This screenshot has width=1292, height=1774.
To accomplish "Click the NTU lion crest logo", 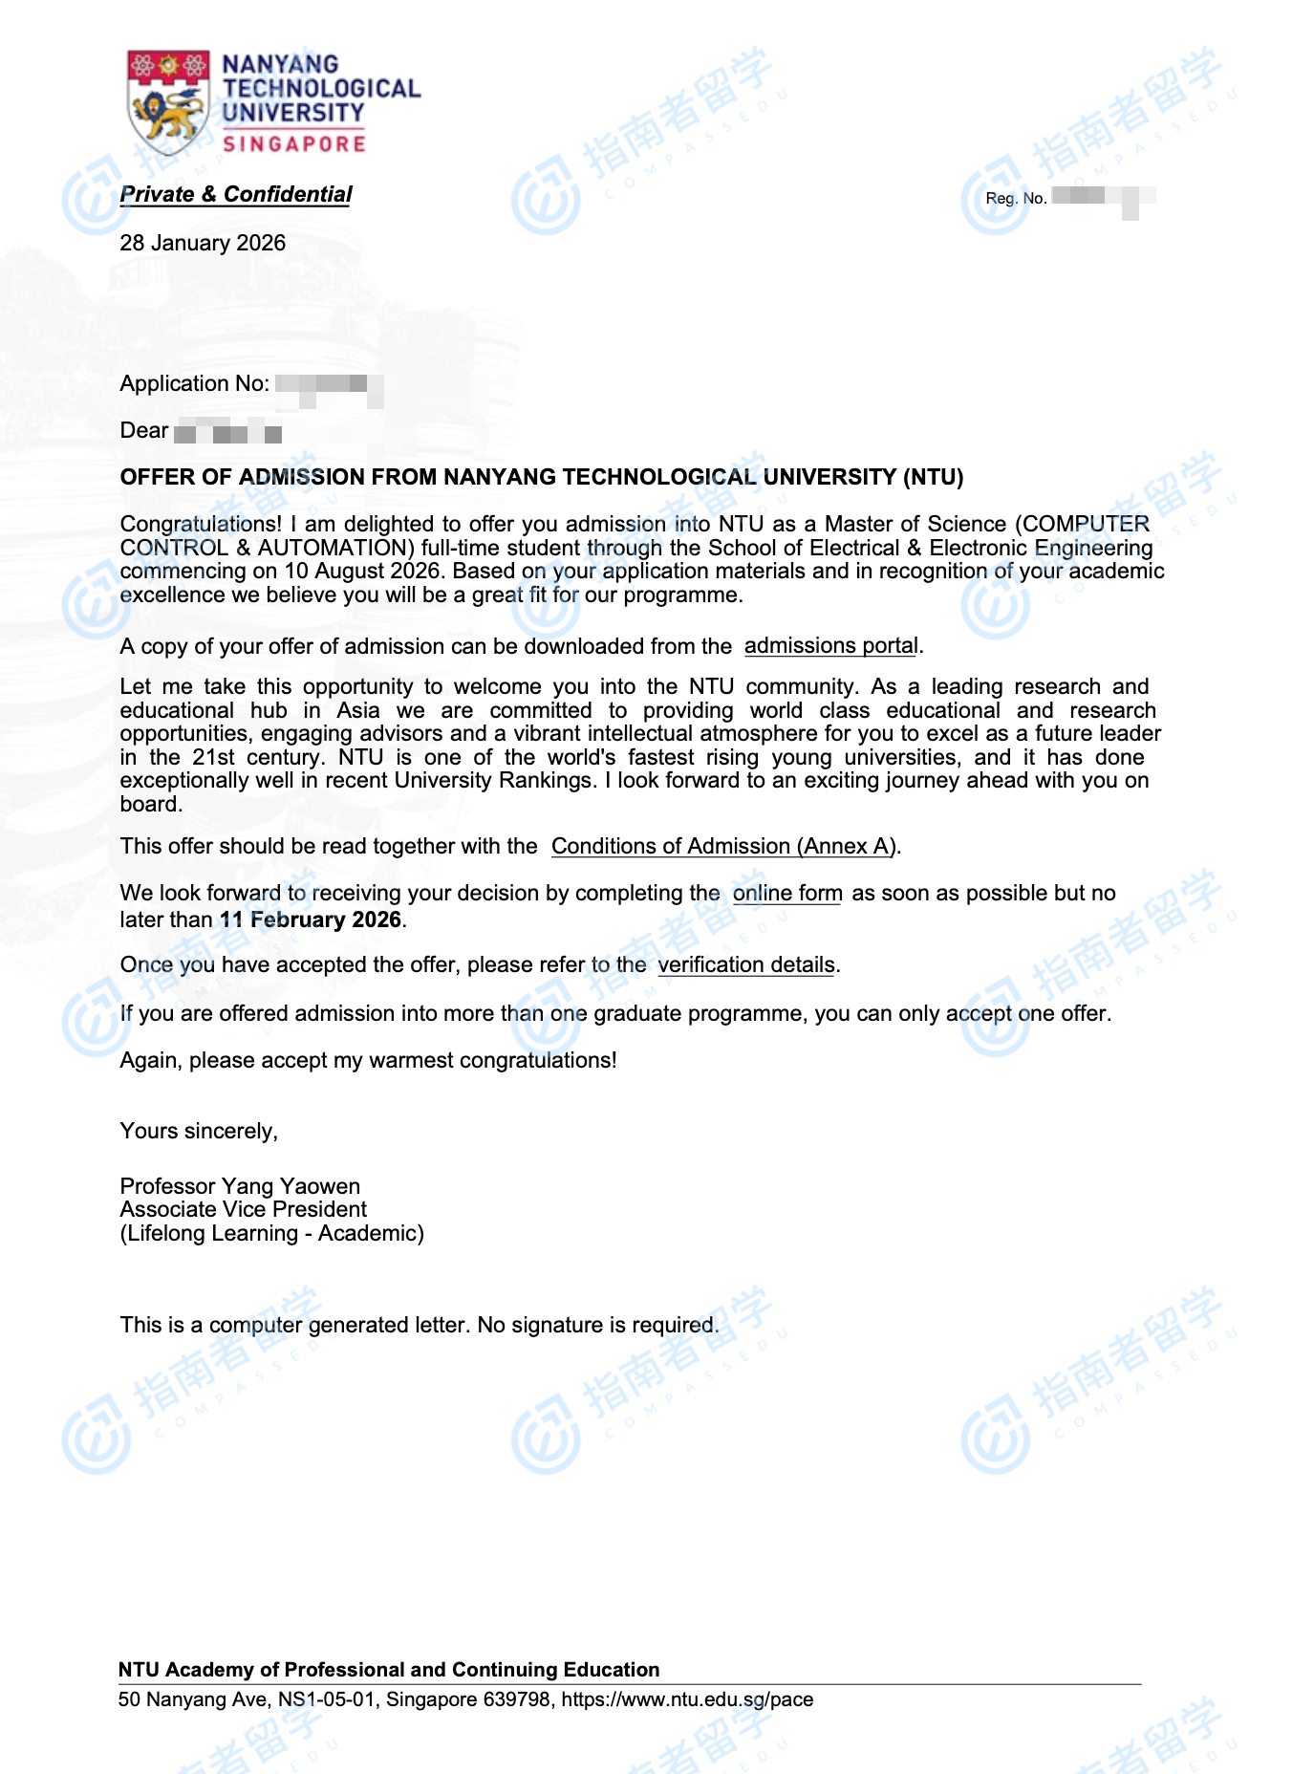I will (x=168, y=102).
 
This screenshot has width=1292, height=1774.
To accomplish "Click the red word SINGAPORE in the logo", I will (x=294, y=143).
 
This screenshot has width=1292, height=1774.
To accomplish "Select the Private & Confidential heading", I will (x=236, y=195).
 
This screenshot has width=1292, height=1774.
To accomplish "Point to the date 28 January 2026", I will (x=203, y=243).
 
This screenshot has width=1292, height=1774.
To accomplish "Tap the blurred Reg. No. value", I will (x=1102, y=198).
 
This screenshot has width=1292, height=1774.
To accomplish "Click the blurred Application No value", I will (x=328, y=385).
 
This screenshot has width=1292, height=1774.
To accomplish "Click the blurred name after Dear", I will (x=227, y=433).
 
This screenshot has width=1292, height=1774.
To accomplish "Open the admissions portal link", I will (x=830, y=646).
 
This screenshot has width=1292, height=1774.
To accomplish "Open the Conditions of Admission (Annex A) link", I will (x=723, y=846).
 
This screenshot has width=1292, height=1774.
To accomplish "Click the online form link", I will (x=787, y=893).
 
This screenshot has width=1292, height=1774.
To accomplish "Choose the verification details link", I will (x=746, y=964).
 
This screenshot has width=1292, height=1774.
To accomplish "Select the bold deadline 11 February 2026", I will (x=311, y=919).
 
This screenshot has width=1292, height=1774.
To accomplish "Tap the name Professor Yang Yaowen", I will (x=240, y=1186).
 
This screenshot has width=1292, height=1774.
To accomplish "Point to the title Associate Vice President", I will (x=243, y=1209).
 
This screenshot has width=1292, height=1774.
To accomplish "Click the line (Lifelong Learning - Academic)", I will (x=271, y=1233).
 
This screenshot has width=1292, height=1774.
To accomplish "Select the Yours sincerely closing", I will (x=199, y=1131).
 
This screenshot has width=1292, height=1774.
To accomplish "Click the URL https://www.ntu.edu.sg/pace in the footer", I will (x=687, y=1699).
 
